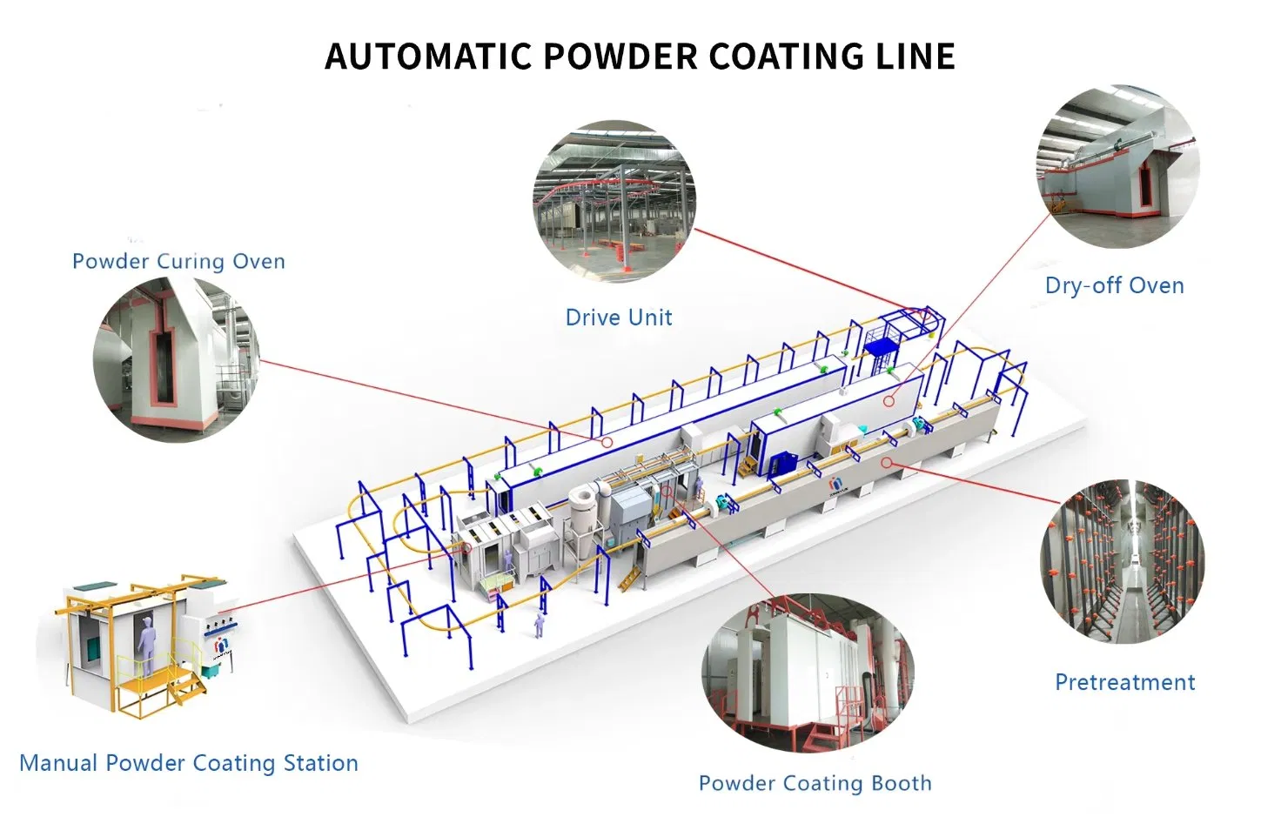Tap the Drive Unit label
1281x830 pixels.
click(x=618, y=318)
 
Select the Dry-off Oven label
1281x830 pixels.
click(x=1114, y=286)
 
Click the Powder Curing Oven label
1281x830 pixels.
click(x=178, y=262)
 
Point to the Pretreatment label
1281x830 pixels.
click(x=1124, y=683)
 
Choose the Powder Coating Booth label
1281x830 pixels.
click(x=815, y=784)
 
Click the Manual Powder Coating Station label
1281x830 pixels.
click(x=189, y=764)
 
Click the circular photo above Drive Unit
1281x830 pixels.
click(x=614, y=201)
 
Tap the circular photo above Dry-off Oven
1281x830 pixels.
click(x=1117, y=165)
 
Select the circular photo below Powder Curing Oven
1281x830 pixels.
click(x=177, y=359)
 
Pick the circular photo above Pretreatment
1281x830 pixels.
click(x=1122, y=562)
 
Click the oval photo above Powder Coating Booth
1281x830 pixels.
click(x=808, y=674)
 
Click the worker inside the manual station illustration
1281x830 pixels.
click(x=146, y=645)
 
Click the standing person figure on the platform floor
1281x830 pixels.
click(x=540, y=623)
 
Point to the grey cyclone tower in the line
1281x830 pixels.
click(x=580, y=513)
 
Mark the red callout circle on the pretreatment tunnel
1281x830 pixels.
click(x=886, y=463)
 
